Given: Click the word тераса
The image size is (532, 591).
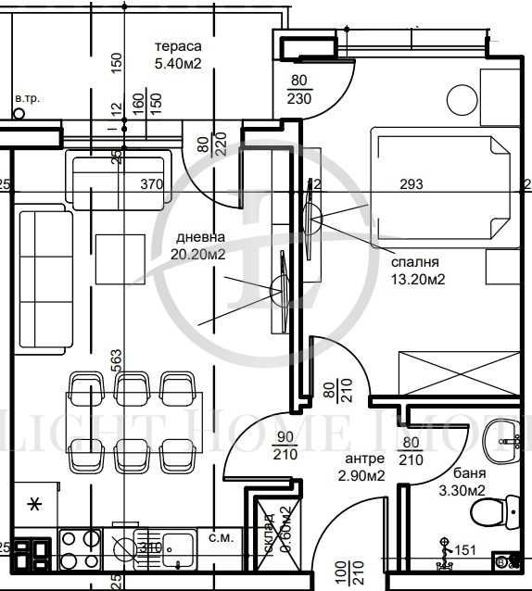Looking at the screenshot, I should pos(178,46).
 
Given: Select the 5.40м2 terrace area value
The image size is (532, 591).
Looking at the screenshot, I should pos(178,64).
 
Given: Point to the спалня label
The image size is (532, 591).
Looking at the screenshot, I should pos(413,262).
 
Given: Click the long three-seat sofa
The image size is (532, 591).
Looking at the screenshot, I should pos(45,279).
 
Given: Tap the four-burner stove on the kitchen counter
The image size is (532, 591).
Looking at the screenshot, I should pos(80,547).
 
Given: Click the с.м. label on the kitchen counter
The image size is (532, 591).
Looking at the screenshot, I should pos(221,536).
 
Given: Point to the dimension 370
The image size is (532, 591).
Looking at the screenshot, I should pos(151,184).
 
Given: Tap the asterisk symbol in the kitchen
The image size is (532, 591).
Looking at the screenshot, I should pos(35,504).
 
